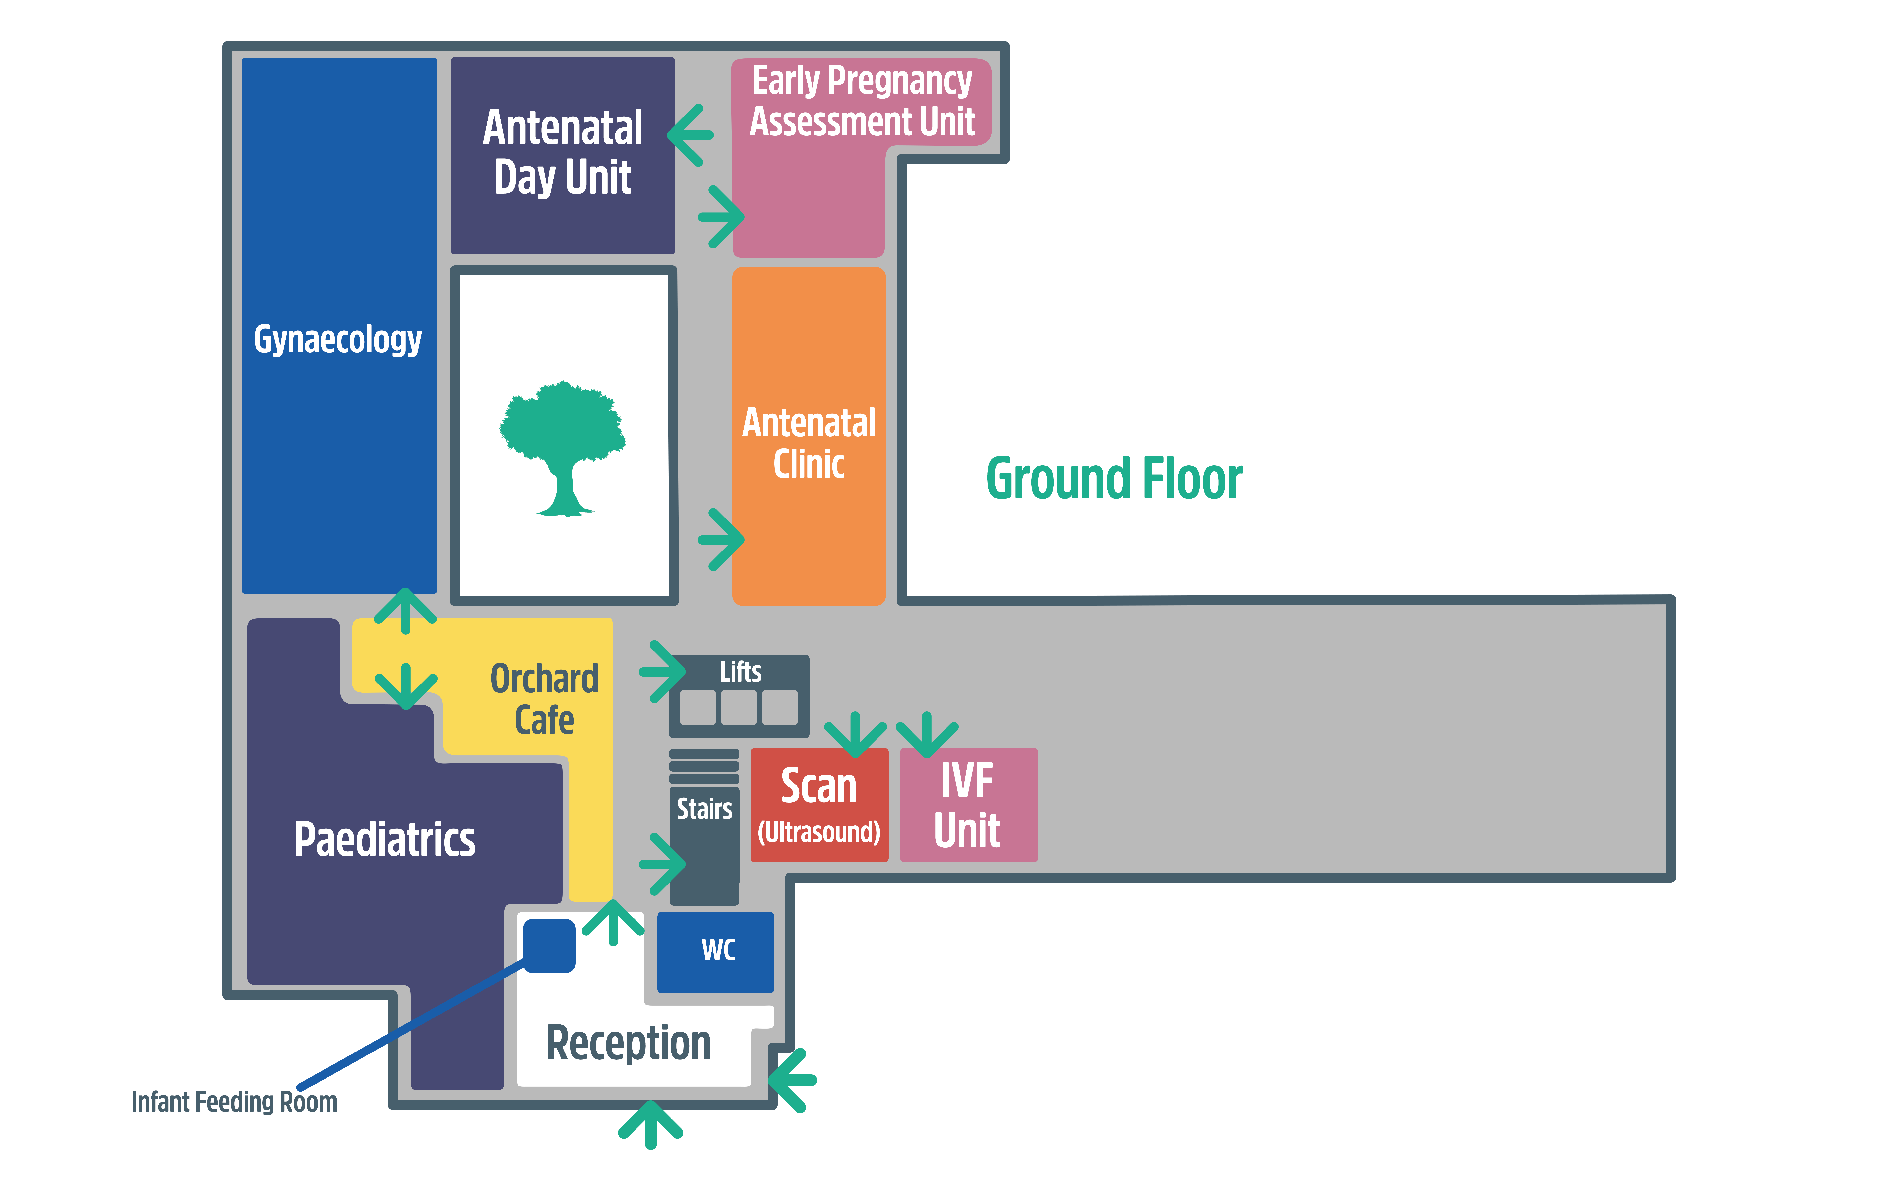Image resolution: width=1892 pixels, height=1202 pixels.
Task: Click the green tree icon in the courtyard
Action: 563,448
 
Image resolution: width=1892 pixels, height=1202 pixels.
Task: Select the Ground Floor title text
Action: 1114,479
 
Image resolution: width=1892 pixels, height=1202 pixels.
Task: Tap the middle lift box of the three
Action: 739,707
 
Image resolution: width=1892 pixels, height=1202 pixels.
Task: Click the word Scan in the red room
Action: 819,786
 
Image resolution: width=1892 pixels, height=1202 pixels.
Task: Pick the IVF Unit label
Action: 967,805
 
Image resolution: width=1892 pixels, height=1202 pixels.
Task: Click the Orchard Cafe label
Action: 544,699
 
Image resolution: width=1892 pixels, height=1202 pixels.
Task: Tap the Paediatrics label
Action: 384,839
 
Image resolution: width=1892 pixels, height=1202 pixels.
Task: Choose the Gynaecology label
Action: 338,339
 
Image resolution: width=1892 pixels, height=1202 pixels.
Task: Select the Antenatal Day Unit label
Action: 563,152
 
